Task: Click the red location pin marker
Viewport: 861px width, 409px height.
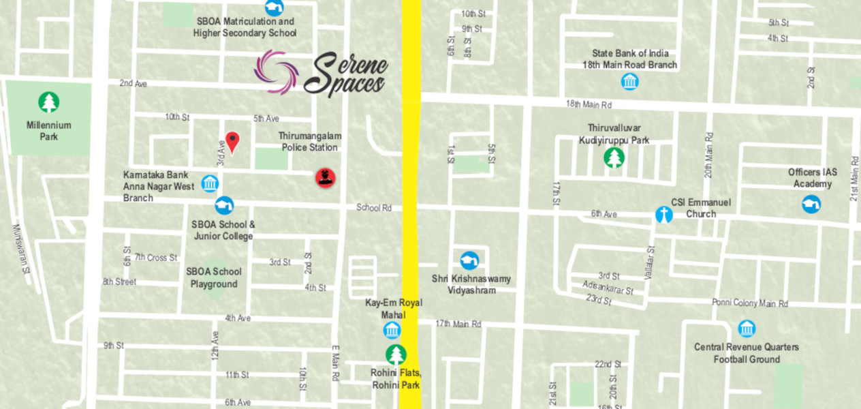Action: coord(232,142)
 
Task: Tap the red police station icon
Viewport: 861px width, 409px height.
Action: coord(325,177)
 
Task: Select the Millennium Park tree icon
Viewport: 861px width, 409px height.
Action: coord(48,103)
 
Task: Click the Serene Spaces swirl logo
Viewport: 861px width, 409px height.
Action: coord(276,72)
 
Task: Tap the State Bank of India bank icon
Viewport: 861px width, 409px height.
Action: coord(630,82)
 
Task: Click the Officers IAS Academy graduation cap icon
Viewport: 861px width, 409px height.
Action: coord(811,204)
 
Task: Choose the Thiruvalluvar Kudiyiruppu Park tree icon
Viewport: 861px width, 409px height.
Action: coord(614,158)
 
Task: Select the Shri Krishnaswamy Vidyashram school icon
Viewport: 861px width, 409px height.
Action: coord(469,260)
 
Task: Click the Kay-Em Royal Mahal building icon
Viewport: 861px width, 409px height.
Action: coord(392,331)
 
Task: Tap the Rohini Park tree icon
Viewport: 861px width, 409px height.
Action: coord(396,355)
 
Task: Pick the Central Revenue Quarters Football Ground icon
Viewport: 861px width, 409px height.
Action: coord(747,329)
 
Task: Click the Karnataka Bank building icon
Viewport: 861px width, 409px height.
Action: coord(210,183)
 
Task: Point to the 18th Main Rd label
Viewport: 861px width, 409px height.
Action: coord(589,104)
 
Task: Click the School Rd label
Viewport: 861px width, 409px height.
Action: coord(374,208)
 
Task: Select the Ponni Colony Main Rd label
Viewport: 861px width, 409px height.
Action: coord(749,303)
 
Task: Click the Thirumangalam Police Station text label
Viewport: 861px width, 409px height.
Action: coord(309,142)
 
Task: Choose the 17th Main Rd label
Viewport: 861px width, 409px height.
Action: coord(458,324)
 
